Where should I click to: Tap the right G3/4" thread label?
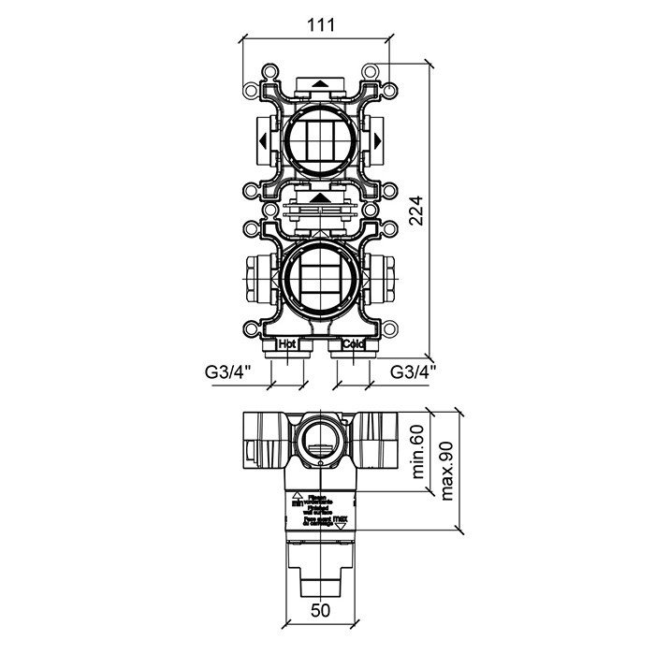pos(414,372)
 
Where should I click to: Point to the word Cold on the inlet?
pos(352,344)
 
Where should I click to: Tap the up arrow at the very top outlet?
pos(321,83)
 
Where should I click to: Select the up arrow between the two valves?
pos(321,197)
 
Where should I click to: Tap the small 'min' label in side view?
pos(297,502)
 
